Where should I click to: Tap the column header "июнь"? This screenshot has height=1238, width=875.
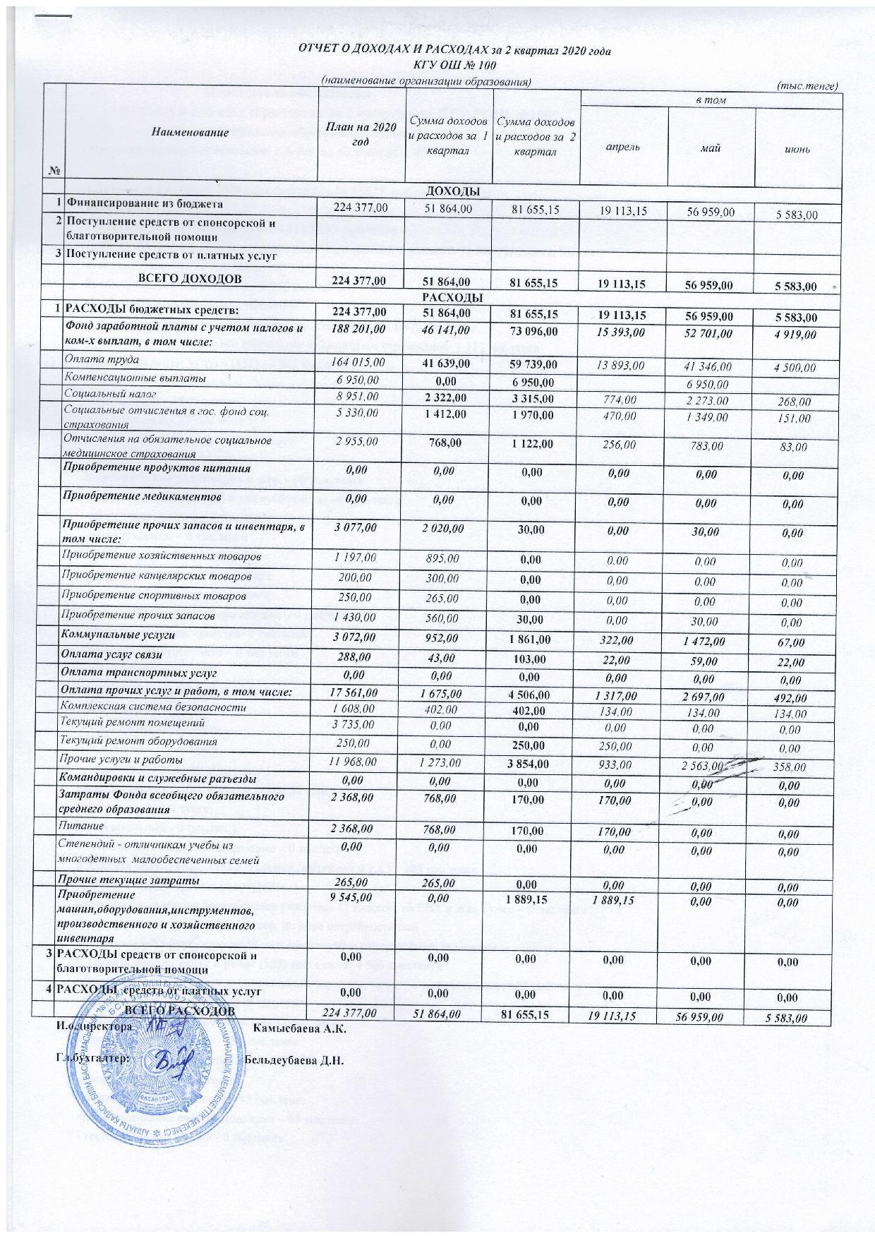point(799,149)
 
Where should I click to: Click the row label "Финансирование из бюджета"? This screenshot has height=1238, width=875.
point(144,204)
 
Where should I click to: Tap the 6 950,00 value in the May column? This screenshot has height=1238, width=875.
point(711,385)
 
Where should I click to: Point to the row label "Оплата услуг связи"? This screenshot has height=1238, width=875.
point(112,656)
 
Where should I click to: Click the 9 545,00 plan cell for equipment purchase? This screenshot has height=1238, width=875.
point(360,897)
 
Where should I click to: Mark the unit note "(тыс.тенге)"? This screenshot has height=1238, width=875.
point(807,85)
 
